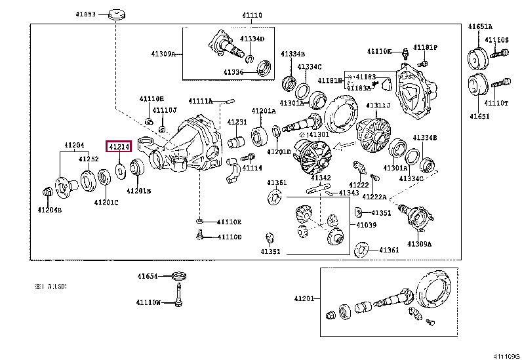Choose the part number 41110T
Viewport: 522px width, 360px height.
(x=496, y=103)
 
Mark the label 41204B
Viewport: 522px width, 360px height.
(x=49, y=210)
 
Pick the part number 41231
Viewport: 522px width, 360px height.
(x=237, y=122)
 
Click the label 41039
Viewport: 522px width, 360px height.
(x=366, y=225)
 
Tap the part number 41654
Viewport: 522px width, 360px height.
(x=148, y=277)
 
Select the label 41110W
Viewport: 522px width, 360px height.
(x=149, y=302)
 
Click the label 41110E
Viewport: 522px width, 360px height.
(x=230, y=222)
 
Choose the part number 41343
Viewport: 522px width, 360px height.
(x=348, y=193)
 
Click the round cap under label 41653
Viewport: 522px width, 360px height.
(x=117, y=14)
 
